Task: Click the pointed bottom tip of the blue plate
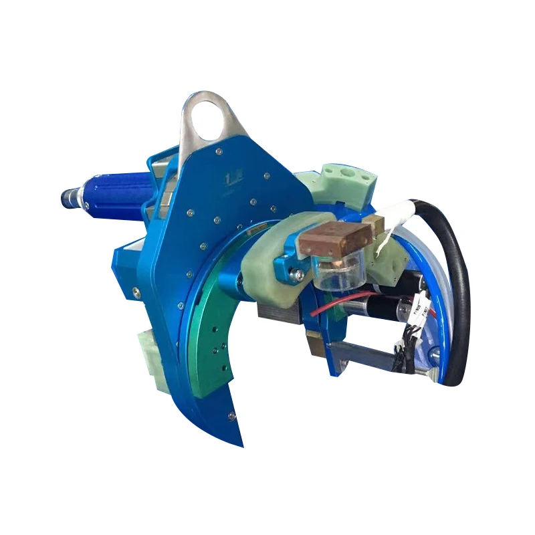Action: tap(241, 441)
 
